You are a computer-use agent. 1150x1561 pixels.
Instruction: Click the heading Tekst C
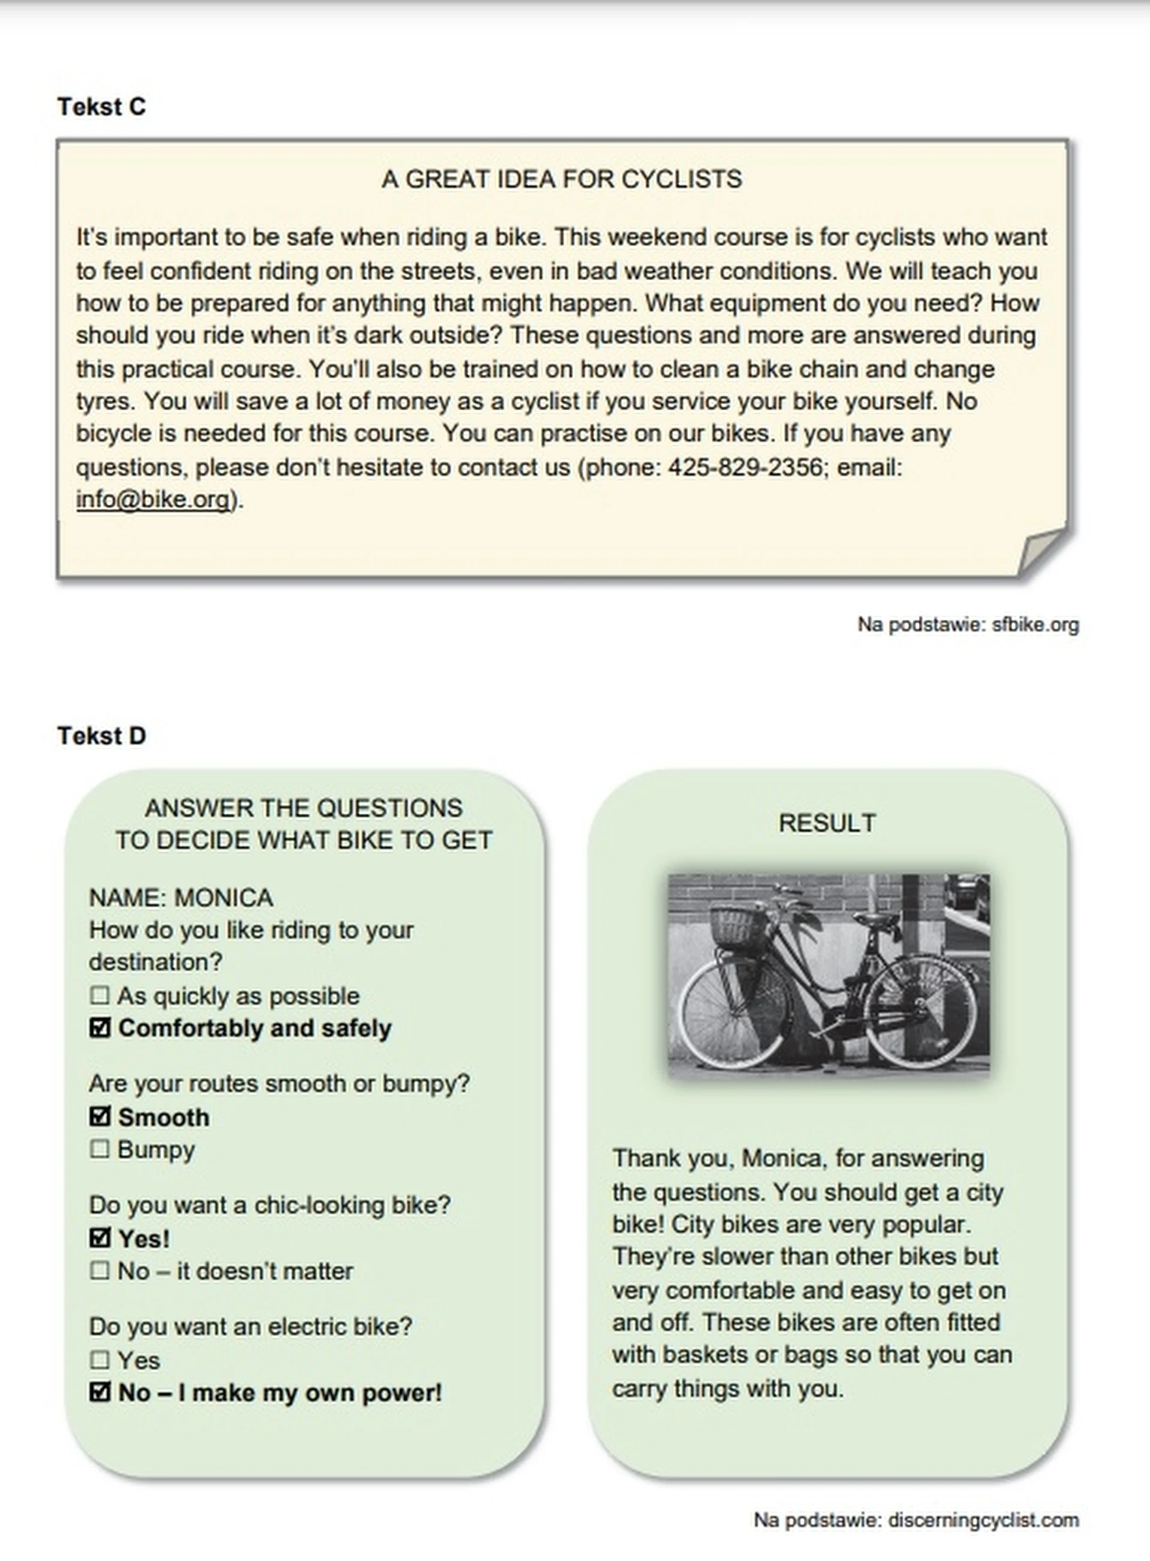point(102,107)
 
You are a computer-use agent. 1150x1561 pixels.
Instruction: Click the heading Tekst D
point(102,736)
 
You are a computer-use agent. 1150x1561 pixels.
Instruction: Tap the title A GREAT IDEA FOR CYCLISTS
point(561,180)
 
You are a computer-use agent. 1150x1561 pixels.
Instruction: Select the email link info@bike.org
point(153,499)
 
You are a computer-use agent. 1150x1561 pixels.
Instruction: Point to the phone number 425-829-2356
point(745,467)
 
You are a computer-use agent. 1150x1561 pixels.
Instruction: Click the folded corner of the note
point(1043,552)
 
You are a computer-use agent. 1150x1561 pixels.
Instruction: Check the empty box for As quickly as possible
point(99,995)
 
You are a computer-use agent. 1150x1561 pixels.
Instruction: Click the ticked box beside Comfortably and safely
point(99,1028)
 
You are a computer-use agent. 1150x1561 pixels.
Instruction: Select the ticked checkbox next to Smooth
point(99,1116)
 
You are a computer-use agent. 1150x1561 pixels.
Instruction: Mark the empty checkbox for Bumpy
point(99,1149)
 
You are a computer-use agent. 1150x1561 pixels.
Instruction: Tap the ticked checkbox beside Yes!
point(99,1238)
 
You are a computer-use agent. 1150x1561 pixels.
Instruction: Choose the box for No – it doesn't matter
point(99,1271)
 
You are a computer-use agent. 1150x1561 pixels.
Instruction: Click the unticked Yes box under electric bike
point(99,1359)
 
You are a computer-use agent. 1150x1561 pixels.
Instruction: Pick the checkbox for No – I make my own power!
point(99,1392)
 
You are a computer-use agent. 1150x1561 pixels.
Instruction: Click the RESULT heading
point(827,823)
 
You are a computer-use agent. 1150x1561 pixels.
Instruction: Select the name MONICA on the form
point(223,898)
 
